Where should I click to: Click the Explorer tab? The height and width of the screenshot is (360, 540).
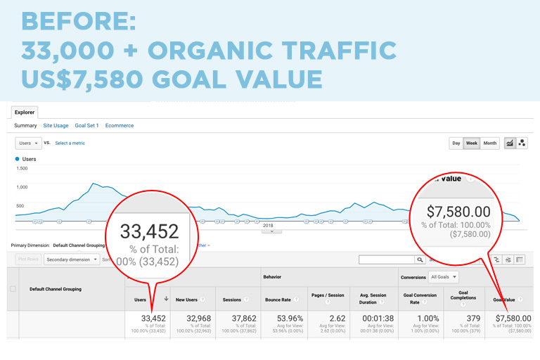pos(25,111)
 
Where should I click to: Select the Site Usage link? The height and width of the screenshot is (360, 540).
pos(56,125)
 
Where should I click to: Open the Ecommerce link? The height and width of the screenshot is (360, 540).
pos(120,125)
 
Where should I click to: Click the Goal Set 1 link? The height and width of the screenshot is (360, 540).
pos(86,125)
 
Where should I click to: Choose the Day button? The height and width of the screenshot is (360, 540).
pos(456,143)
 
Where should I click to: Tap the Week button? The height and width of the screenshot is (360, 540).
pos(472,143)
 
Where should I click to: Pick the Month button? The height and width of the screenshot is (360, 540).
pos(490,143)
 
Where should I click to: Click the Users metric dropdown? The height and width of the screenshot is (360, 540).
pos(27,143)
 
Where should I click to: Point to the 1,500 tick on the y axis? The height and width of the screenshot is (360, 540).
pos(21,168)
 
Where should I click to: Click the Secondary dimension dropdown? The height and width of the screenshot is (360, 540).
pos(71,259)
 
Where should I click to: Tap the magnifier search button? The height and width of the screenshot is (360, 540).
pos(420,259)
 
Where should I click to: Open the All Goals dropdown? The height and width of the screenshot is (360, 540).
pos(444,277)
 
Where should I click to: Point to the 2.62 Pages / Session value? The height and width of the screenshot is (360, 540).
pos(337,319)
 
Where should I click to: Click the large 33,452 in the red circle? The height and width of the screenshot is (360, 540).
pos(149,231)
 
